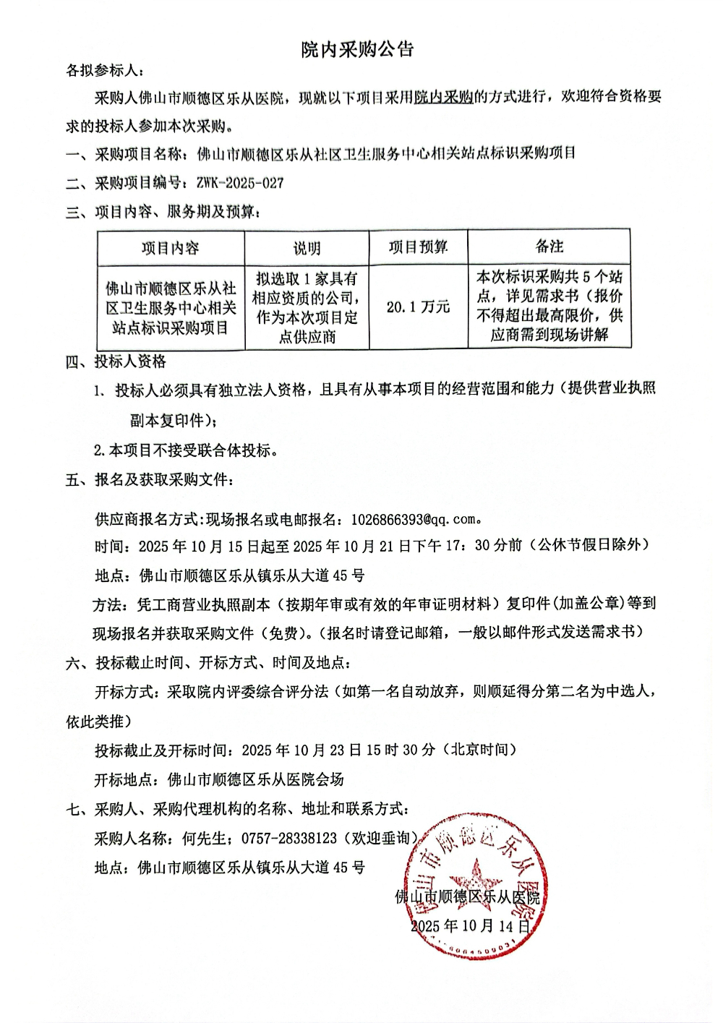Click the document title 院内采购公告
(357, 49)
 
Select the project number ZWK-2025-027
(240, 183)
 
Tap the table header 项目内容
(170, 248)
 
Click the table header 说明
(307, 248)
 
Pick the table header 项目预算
(418, 247)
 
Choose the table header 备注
(549, 247)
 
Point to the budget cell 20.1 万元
(418, 307)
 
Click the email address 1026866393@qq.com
(414, 519)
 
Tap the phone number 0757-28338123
(289, 838)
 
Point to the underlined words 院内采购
(443, 97)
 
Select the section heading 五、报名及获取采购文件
(149, 479)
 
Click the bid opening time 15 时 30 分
(401, 750)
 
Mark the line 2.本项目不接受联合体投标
(187, 450)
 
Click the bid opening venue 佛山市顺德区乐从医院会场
(256, 779)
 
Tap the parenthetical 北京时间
(479, 750)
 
